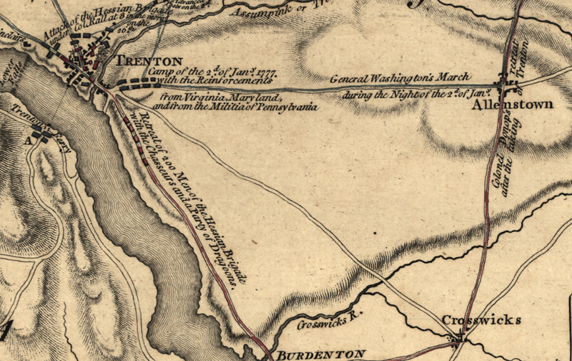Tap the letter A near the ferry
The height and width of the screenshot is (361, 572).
29,141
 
